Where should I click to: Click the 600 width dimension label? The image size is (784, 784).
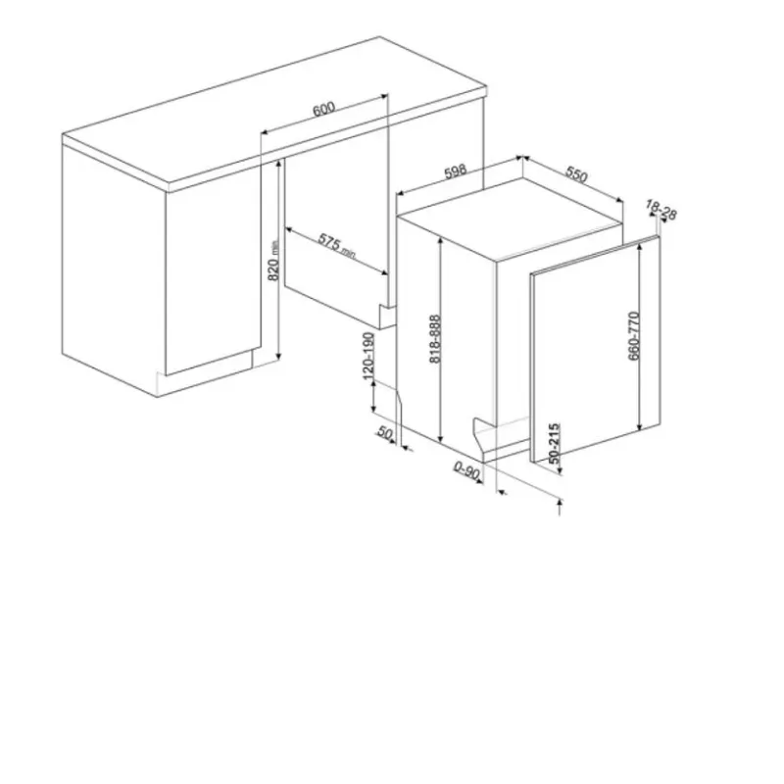[x=323, y=109]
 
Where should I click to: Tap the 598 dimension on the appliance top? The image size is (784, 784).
[x=456, y=171]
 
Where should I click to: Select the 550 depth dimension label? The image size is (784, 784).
[x=576, y=175]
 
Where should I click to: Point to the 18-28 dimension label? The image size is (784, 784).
[x=661, y=210]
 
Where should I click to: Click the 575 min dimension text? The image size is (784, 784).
[x=336, y=247]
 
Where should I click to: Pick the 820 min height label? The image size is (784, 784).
[x=273, y=261]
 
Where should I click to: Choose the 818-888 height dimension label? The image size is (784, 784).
[x=435, y=338]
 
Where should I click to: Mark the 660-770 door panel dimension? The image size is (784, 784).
[x=633, y=335]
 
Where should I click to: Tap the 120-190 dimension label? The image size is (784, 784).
[x=368, y=356]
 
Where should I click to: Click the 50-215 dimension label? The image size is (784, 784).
[x=554, y=444]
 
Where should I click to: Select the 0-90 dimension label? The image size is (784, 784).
[x=467, y=470]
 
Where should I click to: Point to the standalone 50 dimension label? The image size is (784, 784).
[x=385, y=432]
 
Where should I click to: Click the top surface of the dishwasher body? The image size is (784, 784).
[x=510, y=217]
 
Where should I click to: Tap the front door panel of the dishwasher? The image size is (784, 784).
[x=596, y=349]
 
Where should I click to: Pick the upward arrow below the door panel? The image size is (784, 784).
[x=560, y=507]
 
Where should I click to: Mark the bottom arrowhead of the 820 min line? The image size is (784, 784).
[x=278, y=356]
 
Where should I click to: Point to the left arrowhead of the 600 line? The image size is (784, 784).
[x=265, y=131]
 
